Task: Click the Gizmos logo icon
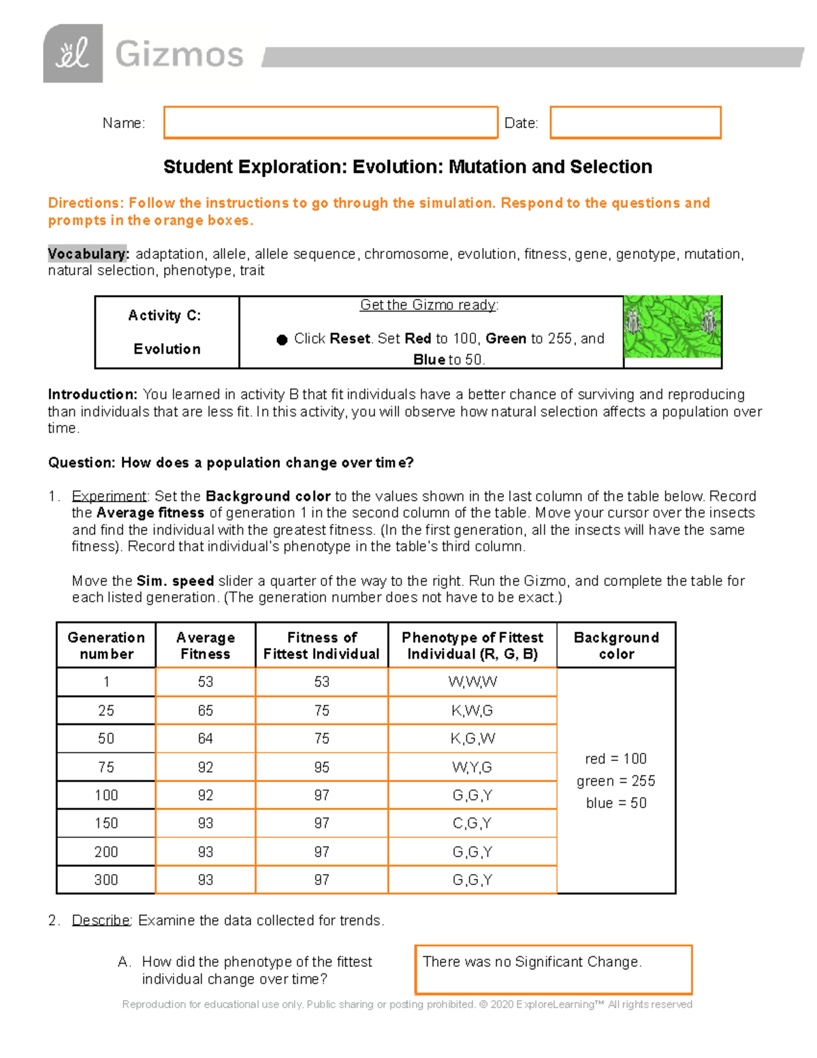coord(73,54)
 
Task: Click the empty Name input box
coord(331,123)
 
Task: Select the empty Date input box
coord(635,123)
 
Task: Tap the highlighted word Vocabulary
coord(87,254)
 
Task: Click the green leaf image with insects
coord(672,327)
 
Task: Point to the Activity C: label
coord(165,315)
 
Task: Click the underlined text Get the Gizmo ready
coord(429,305)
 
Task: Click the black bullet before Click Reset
coord(282,339)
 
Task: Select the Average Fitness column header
coord(206,645)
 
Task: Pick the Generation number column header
coord(106,645)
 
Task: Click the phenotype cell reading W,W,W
coord(472,682)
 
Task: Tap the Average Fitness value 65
coord(206,711)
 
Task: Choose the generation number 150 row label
coord(106,823)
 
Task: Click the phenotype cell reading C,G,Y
coord(472,823)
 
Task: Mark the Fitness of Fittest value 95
coord(322,767)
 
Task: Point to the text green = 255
coord(616,781)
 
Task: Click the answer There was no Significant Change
coord(532,962)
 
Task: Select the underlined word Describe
coord(101,920)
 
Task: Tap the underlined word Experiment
coord(109,496)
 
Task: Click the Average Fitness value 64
coord(206,738)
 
